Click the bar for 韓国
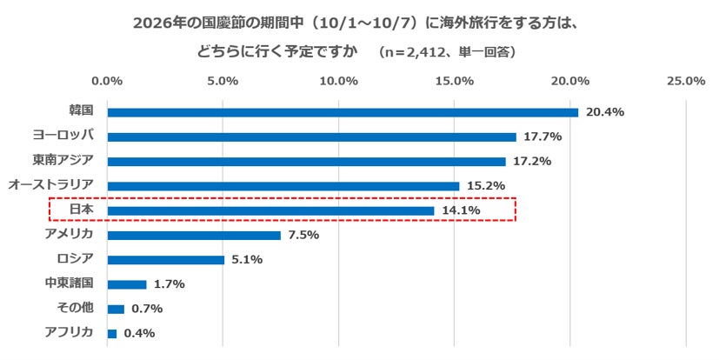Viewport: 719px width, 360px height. point(343,112)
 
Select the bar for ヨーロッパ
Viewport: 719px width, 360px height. point(312,137)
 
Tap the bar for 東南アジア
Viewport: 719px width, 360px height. point(307,162)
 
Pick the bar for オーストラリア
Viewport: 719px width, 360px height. point(283,186)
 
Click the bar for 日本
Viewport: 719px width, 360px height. point(271,211)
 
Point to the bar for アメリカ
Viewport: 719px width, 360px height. point(194,236)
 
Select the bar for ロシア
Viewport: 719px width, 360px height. point(166,260)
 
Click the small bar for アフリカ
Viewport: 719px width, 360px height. point(112,334)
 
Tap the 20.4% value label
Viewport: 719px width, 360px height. point(605,112)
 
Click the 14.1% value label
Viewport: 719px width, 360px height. point(461,210)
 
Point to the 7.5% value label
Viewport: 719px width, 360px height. point(303,236)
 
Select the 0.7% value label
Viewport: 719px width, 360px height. point(147,309)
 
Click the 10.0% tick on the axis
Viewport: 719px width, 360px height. point(339,81)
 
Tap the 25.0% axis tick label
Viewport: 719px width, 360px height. point(686,81)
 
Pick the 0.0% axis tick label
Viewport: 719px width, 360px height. point(107,81)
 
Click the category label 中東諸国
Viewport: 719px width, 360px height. point(70,283)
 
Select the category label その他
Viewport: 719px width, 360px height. point(75,307)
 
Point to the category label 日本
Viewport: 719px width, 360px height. point(81,209)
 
